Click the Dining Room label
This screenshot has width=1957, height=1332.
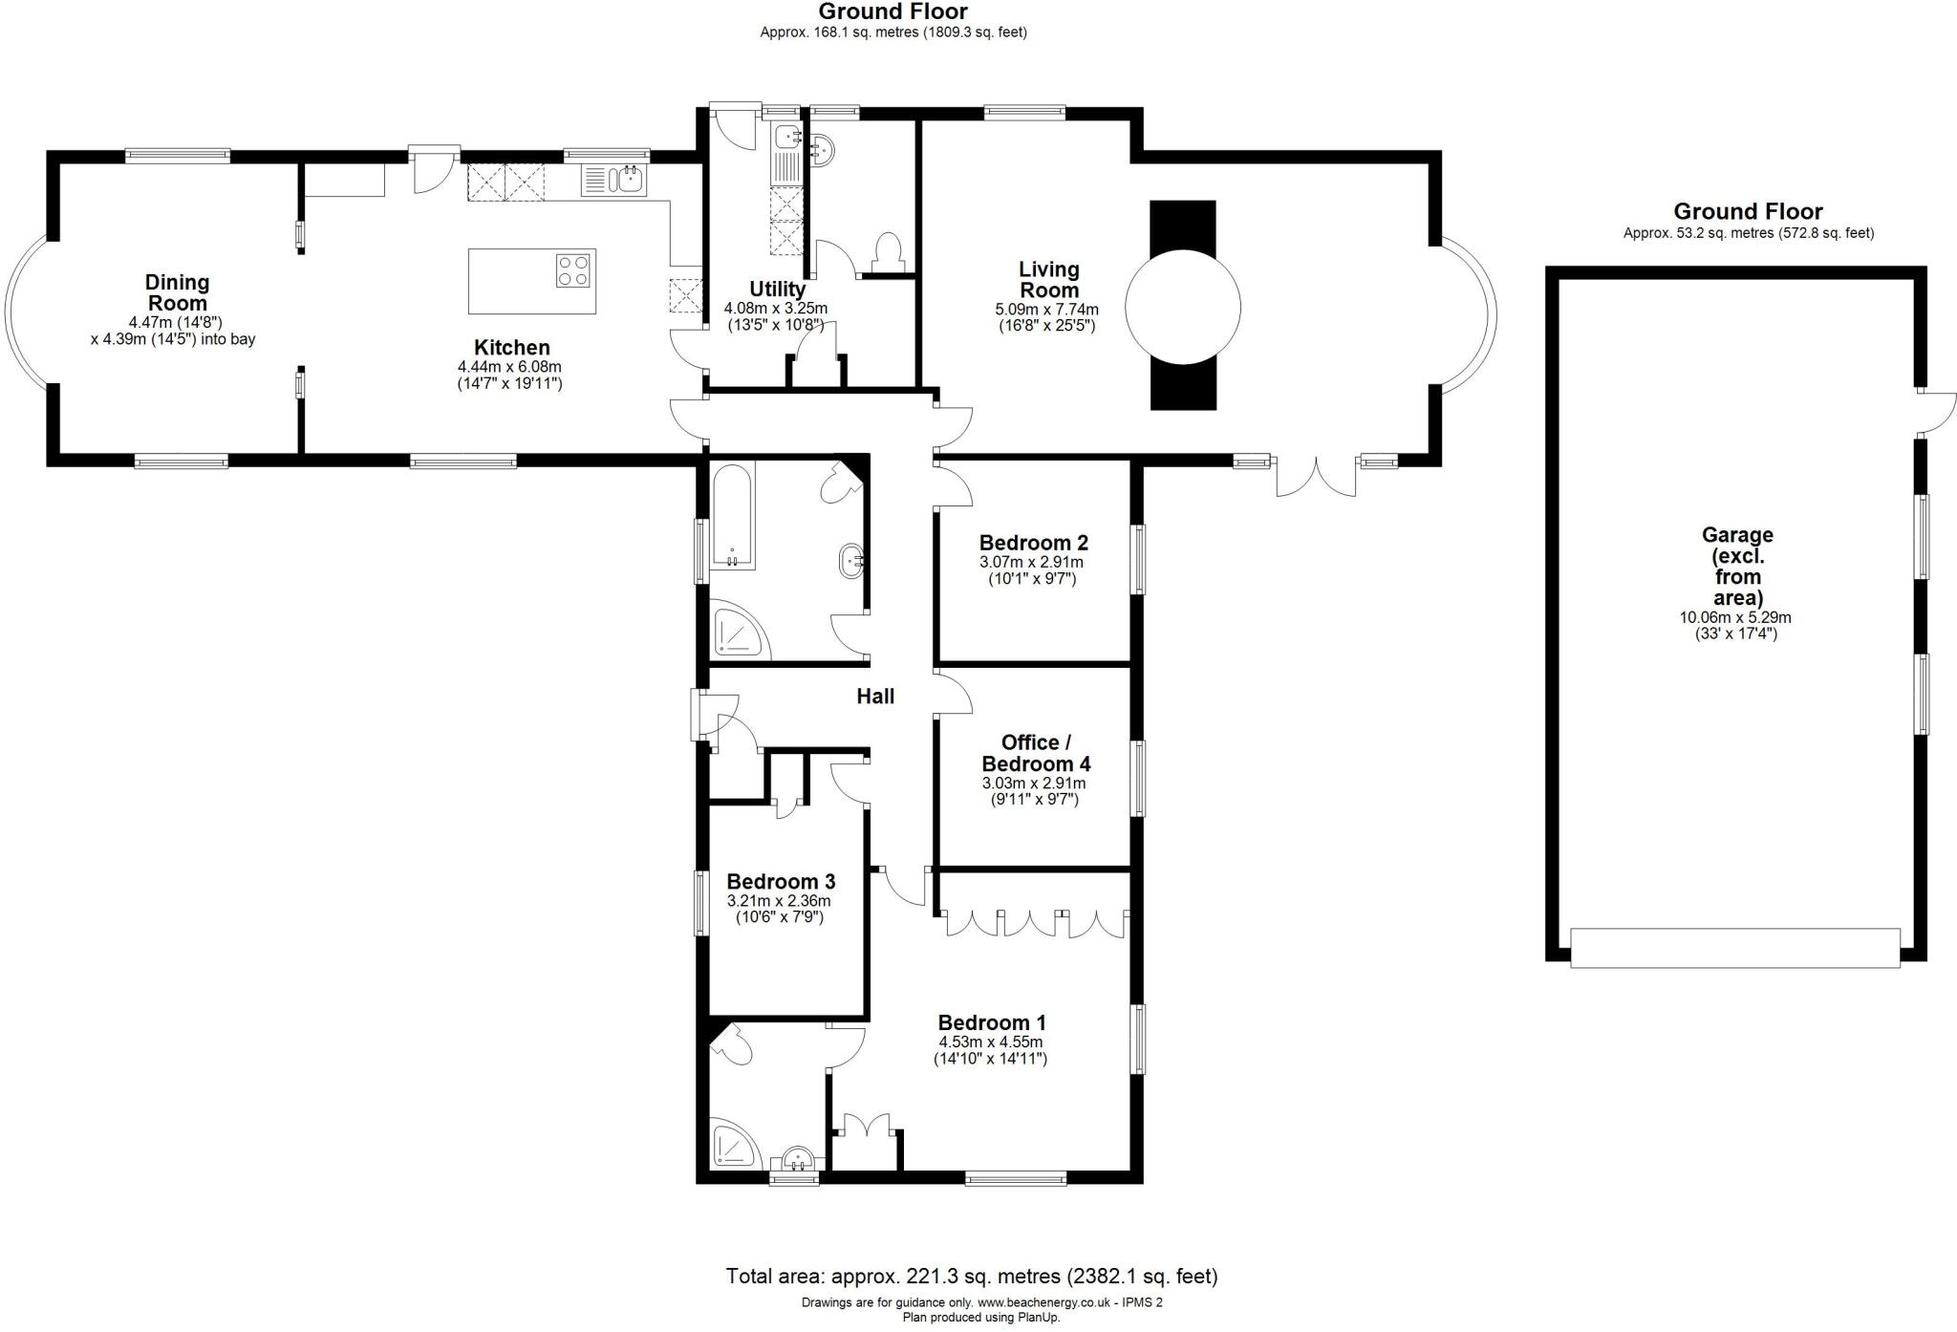[x=177, y=292]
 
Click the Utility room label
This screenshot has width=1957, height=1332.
[x=777, y=289]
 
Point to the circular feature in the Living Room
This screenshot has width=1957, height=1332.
[x=1183, y=307]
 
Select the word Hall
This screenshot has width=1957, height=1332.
[x=875, y=697]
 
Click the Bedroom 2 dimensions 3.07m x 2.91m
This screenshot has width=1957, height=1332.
[x=1032, y=562]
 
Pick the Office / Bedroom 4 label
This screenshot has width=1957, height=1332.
[x=1035, y=753]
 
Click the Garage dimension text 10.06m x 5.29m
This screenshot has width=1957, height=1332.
[x=1735, y=617]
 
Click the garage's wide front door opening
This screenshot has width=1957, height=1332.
[x=1734, y=947]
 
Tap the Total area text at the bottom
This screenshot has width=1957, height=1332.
[x=971, y=1276]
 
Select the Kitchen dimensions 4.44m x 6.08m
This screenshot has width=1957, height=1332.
[x=509, y=367]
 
